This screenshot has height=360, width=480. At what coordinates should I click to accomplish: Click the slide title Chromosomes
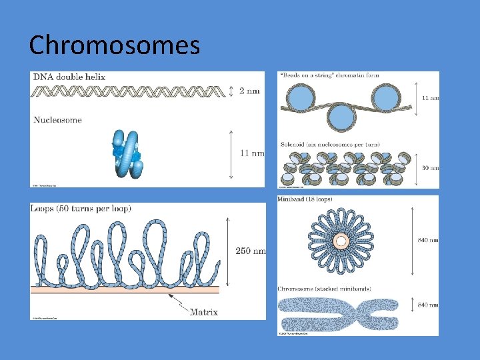[114, 45]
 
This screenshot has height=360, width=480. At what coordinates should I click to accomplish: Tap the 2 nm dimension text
[249, 91]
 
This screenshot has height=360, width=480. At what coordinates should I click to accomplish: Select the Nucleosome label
[57, 120]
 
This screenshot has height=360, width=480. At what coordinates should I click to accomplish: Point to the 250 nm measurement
[250, 251]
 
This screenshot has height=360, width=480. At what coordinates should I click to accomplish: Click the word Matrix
[204, 311]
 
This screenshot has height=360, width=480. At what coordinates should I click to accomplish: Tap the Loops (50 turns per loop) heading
[81, 209]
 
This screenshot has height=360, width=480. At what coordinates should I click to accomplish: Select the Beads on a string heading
[330, 75]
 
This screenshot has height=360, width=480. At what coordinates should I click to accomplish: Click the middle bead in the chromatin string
[341, 117]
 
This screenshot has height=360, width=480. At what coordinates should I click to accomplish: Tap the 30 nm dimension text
[431, 168]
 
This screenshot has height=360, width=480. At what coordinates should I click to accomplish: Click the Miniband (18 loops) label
[305, 199]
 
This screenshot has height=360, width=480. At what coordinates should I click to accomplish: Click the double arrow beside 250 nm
[229, 251]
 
